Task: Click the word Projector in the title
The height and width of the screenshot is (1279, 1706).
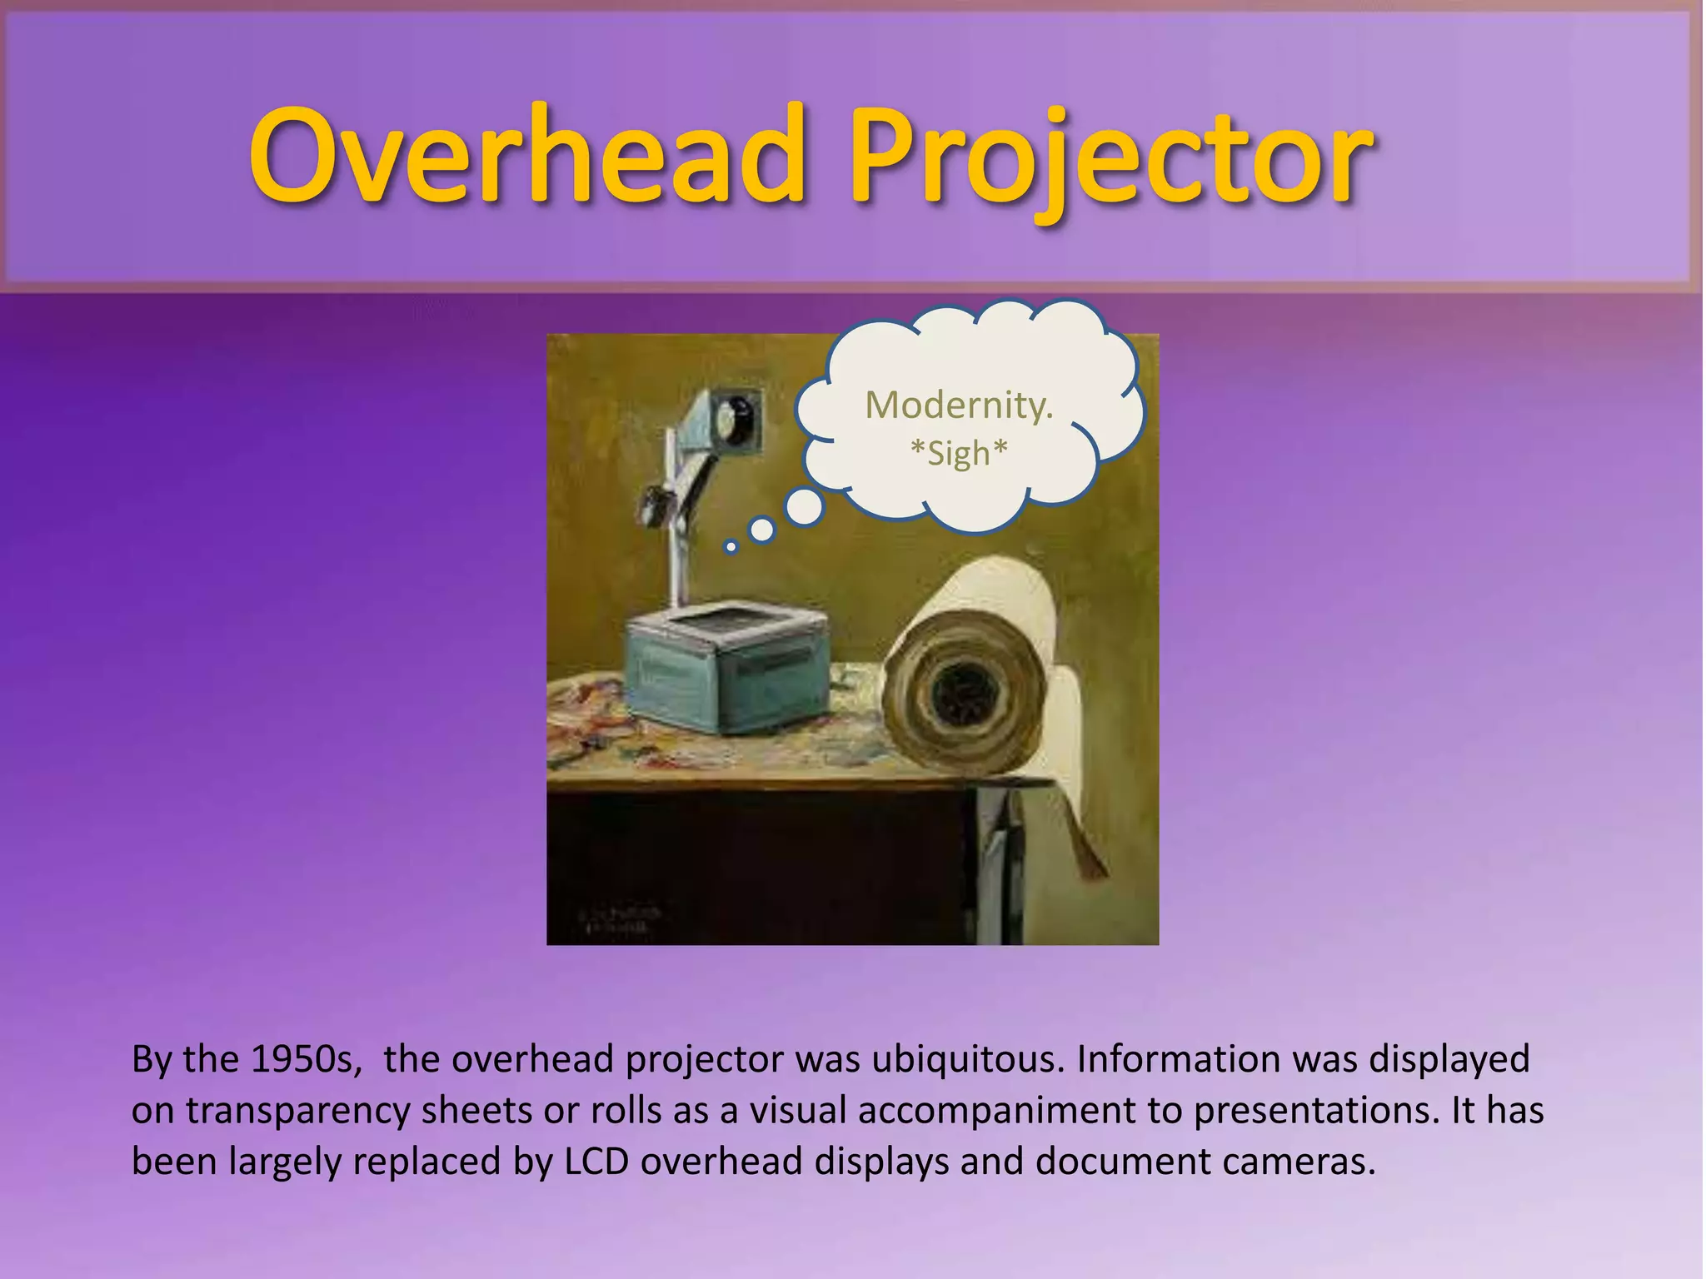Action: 1108,158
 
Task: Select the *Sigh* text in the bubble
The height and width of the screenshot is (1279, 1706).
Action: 959,454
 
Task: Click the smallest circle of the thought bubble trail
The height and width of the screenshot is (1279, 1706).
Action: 731,547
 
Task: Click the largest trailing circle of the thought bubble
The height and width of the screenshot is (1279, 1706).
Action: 804,507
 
